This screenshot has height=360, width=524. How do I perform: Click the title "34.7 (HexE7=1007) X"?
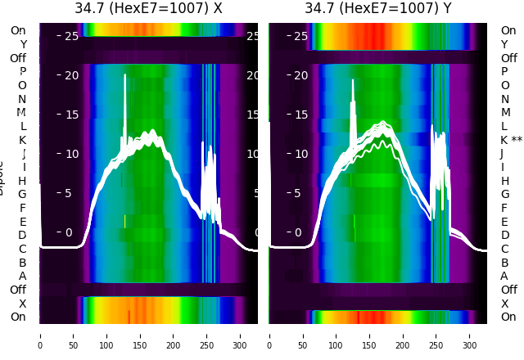click(148, 9)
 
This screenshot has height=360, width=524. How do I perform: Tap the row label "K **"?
click(511, 140)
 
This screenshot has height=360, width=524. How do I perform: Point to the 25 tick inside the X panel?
click(70, 36)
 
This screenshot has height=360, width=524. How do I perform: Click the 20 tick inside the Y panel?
click(300, 75)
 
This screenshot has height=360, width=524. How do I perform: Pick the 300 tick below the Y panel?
click(470, 335)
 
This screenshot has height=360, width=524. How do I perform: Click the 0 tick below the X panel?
click(40, 335)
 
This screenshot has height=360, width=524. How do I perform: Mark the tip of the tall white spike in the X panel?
click(125, 75)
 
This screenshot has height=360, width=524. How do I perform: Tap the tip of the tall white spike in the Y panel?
click(353, 79)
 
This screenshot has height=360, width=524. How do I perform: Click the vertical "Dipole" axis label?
click(2, 176)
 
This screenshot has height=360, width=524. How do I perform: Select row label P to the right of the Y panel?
click(504, 72)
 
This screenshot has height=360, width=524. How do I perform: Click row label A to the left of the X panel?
click(23, 276)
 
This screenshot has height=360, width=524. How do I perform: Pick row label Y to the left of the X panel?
click(23, 44)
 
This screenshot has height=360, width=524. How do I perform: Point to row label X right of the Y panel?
click(504, 304)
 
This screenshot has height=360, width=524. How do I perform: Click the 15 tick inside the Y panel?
click(300, 115)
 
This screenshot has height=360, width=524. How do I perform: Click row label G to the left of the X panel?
click(22, 194)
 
